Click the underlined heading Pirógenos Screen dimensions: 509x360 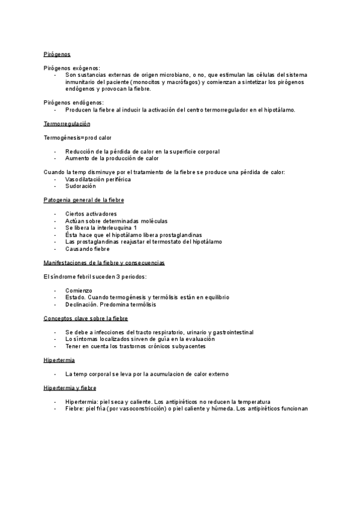(57, 54)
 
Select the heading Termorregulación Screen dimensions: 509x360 (67, 124)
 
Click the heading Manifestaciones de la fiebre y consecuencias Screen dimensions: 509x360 (104, 262)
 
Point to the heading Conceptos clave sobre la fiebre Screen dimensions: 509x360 (86, 318)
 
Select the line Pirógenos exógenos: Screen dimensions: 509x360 (72, 68)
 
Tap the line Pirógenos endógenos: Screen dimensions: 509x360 (74, 103)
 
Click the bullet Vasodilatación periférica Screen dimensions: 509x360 (98, 179)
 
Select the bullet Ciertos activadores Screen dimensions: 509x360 (91, 214)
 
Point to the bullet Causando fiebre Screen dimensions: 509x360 (88, 248)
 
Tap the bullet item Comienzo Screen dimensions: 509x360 (79, 290)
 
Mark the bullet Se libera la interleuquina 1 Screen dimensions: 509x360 (101, 227)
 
